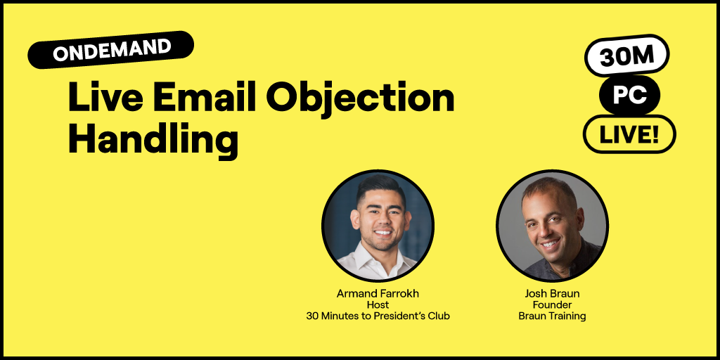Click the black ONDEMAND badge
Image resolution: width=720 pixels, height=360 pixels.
point(111,50)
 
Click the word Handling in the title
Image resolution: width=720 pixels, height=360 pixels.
point(153,139)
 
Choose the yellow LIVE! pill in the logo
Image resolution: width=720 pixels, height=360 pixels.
point(629,134)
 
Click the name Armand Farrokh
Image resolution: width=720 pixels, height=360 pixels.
point(378,293)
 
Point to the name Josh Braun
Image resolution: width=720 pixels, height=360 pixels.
point(552,293)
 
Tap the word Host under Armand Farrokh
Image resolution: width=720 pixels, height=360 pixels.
point(378,304)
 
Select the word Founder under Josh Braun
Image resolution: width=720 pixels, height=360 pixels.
point(552,304)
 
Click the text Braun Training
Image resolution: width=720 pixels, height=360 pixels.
point(552,316)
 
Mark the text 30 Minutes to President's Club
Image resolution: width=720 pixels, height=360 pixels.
point(378,316)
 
